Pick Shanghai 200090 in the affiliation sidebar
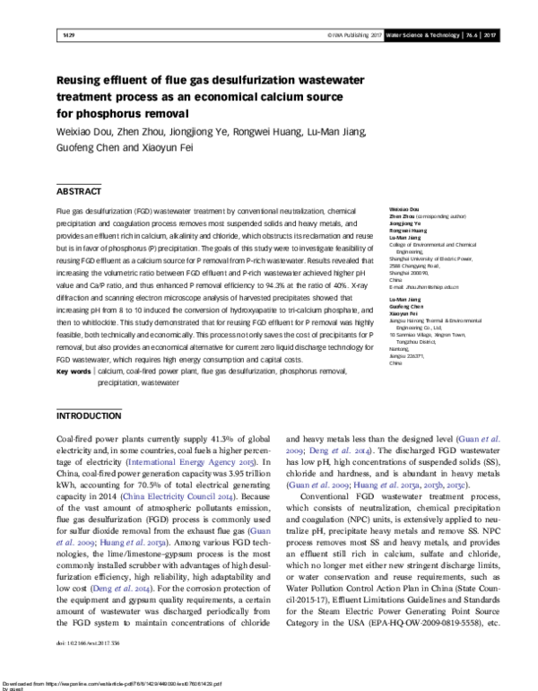point(404,272)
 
